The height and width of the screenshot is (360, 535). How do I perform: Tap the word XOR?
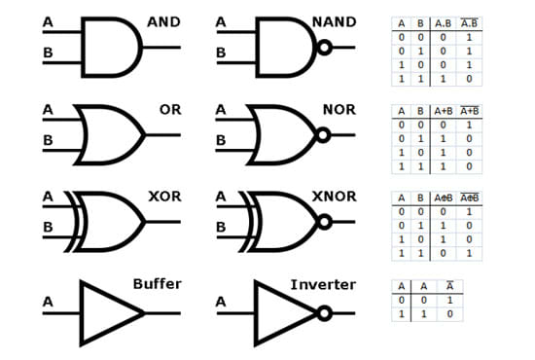pos(164,197)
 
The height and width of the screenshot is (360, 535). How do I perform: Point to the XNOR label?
pos(333,197)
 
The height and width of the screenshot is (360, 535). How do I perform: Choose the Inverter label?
pos(324,284)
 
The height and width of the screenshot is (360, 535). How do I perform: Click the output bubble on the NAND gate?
pos(321,46)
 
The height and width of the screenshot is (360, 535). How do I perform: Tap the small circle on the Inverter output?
pos(323,314)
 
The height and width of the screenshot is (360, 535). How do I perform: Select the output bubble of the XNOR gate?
pos(323,222)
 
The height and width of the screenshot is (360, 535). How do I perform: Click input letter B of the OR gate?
pos(48,141)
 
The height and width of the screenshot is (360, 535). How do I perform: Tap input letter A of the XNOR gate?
pos(221,196)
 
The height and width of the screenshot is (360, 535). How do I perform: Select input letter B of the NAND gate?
pos(221,53)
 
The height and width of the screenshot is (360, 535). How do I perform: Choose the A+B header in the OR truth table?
pos(443,112)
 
